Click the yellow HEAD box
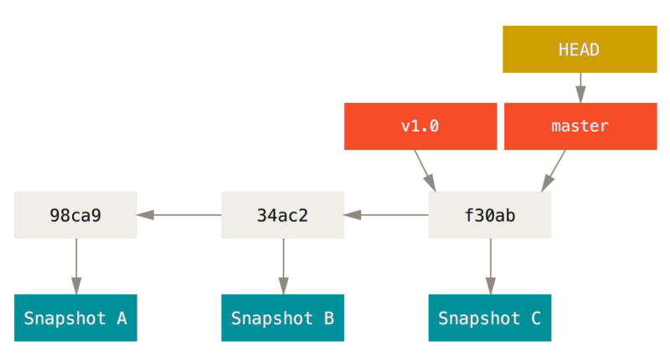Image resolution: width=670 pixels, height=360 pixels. click(580, 49)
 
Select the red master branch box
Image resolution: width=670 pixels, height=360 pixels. click(580, 126)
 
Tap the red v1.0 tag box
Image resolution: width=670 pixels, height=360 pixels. click(420, 126)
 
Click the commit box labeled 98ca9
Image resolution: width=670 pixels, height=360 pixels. click(75, 215)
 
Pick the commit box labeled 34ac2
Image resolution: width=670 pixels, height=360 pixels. click(282, 215)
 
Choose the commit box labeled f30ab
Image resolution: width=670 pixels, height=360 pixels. click(489, 215)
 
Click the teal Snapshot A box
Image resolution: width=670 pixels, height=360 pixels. click(75, 318)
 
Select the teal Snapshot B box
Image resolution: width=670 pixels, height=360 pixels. click(282, 318)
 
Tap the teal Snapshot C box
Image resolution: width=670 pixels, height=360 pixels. click(489, 318)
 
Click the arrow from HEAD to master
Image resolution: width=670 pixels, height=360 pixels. click(580, 87)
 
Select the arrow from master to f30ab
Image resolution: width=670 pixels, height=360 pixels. click(554, 171)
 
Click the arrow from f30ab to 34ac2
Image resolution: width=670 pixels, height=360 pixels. click(386, 215)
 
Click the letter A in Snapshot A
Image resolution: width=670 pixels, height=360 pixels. click(121, 318)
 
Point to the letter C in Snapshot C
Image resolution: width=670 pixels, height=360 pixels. click(535, 318)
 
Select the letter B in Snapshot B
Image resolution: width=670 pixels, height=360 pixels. click(328, 318)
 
